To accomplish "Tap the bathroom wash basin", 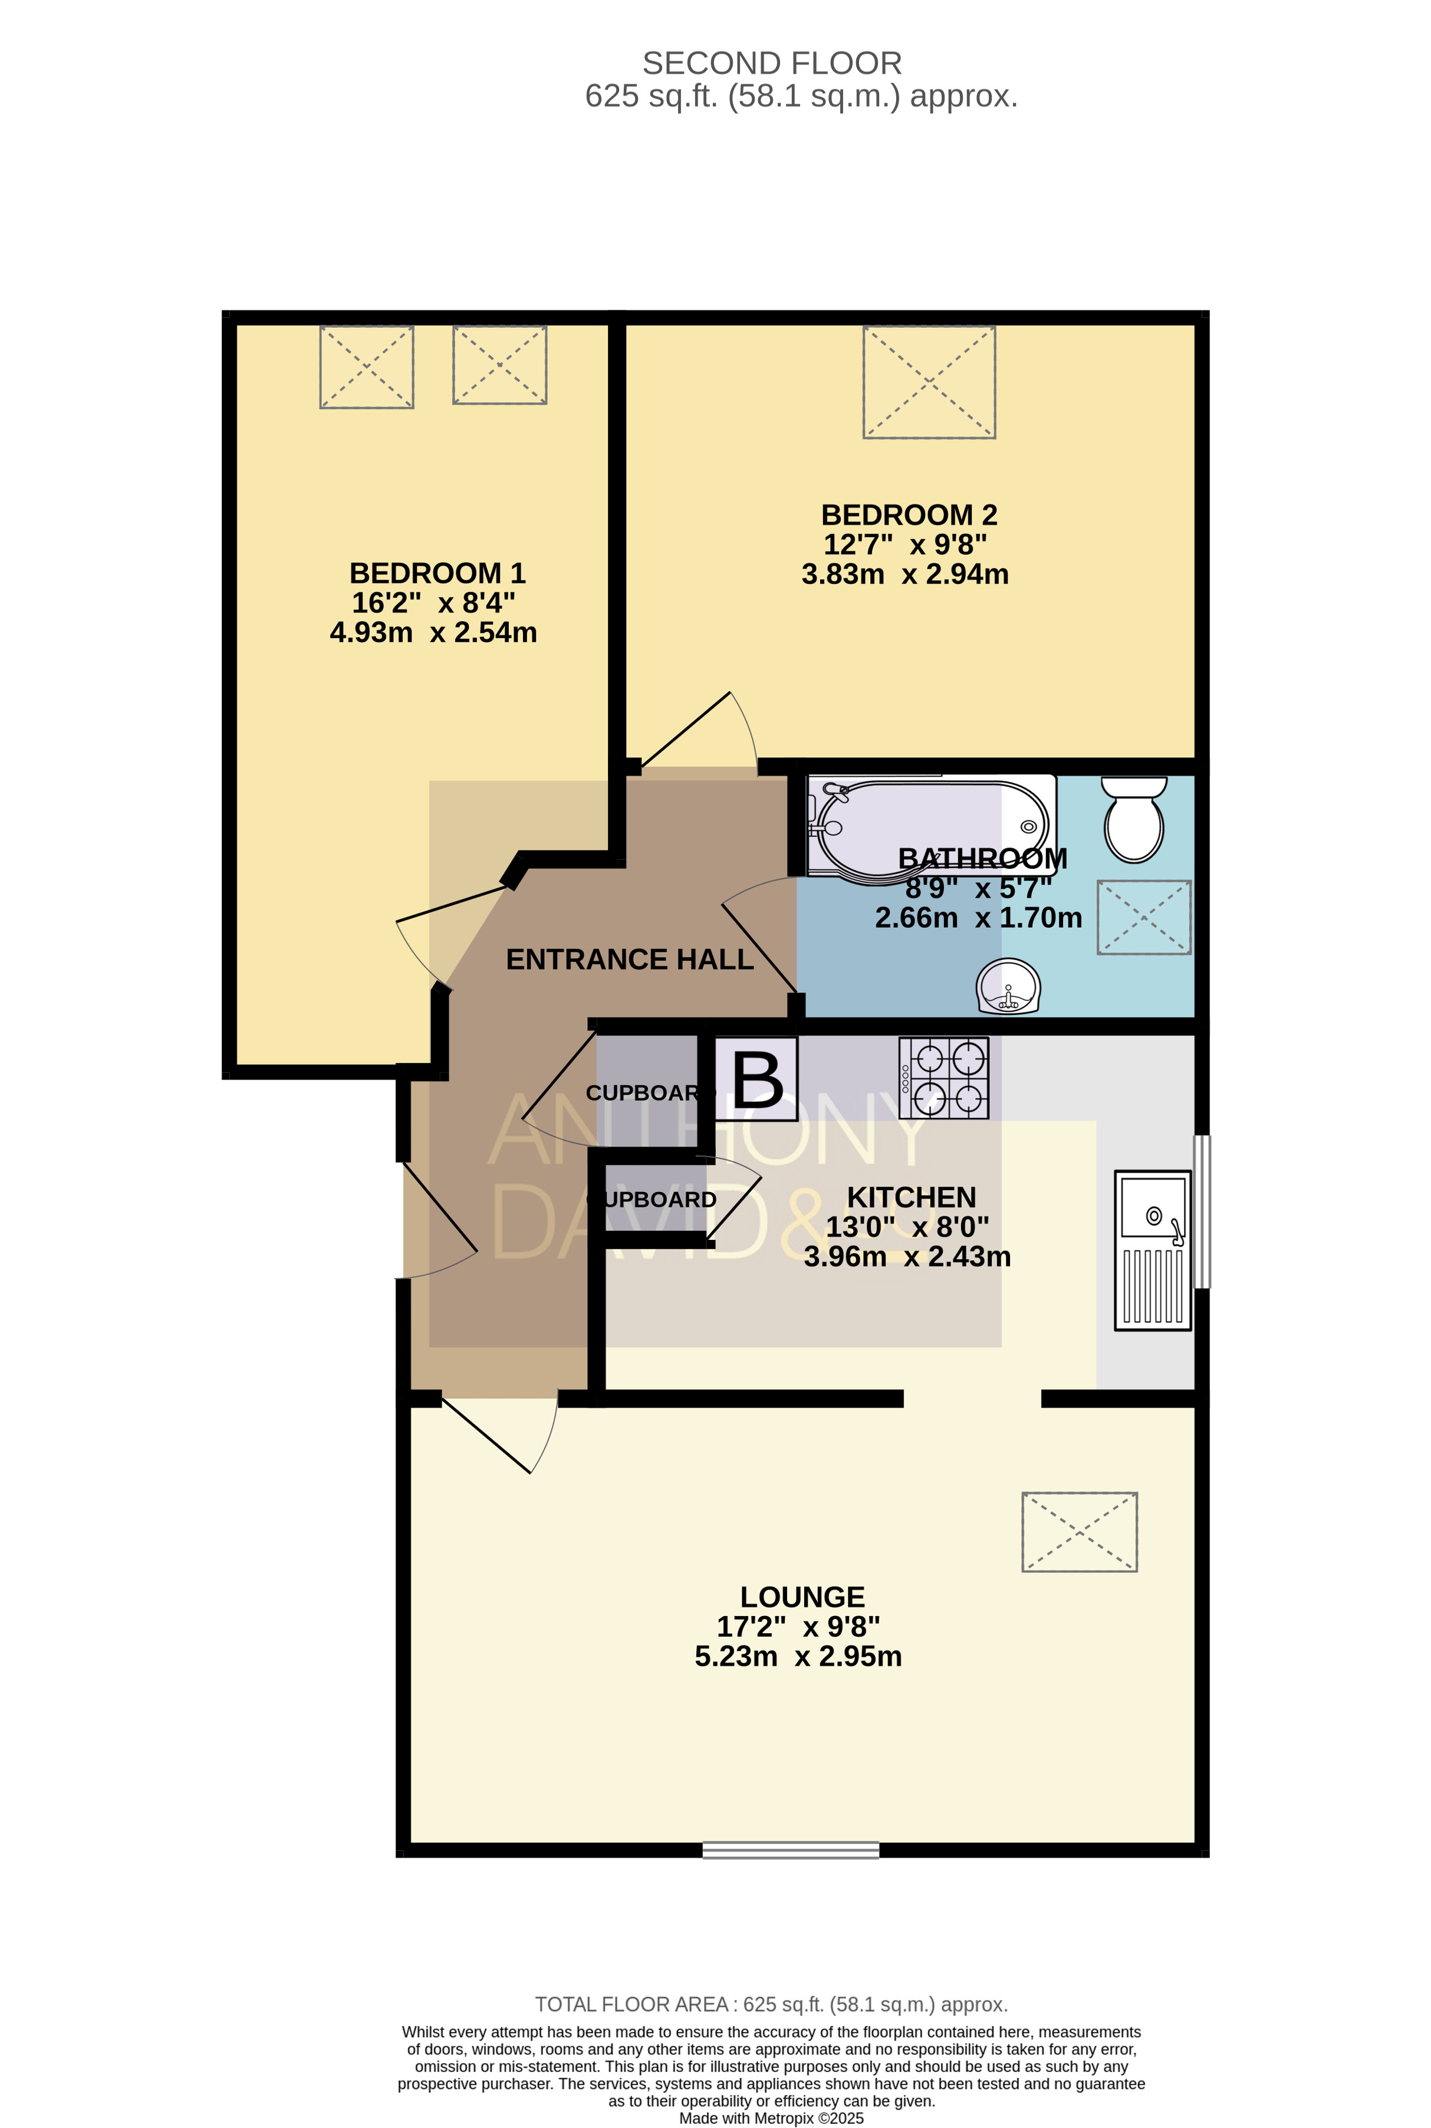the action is [1008, 986].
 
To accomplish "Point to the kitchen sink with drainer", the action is [1153, 1250].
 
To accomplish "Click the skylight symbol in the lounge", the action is [1080, 1532].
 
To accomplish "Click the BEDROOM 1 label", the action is [438, 573].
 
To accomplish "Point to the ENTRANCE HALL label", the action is [630, 960].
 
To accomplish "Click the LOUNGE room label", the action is [802, 1597].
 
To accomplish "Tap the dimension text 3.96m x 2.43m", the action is [907, 1256].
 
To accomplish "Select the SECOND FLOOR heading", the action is [772, 63].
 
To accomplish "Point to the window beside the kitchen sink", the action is [1203, 1211].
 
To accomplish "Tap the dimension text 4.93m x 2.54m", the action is [433, 632].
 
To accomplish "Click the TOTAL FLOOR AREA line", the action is [771, 2005].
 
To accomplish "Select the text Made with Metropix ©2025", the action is [771, 2118].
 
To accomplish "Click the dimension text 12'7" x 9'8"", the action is [905, 544].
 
